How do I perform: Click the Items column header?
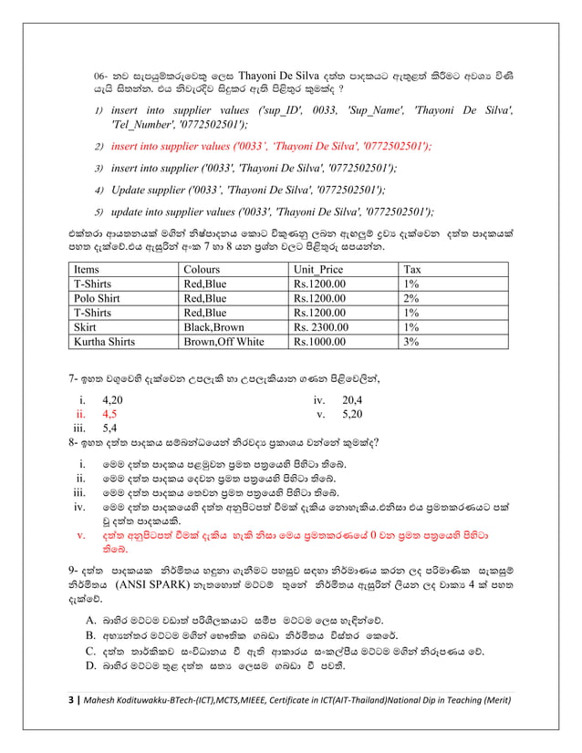click(x=87, y=269)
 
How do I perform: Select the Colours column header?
click(x=202, y=269)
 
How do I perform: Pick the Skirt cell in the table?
click(x=87, y=327)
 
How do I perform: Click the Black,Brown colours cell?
click(x=214, y=327)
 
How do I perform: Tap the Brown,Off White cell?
click(x=223, y=342)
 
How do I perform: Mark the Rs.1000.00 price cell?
click(x=319, y=342)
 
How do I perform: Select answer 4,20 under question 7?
click(x=113, y=400)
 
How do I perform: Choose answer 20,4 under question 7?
click(x=351, y=400)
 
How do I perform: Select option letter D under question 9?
click(x=90, y=669)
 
